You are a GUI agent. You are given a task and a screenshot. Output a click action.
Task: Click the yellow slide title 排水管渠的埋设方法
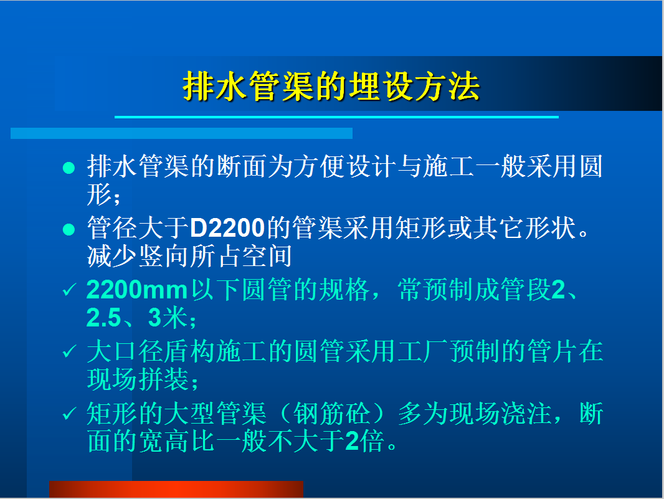[331, 87]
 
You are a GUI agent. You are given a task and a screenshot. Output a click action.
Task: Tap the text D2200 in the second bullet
[227, 228]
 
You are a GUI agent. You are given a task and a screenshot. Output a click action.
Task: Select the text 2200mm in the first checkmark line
[137, 290]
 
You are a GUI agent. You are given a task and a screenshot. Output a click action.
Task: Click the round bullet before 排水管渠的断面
[69, 168]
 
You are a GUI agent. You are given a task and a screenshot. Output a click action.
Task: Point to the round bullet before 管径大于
[69, 230]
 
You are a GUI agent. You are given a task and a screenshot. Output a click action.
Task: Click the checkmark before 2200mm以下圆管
[69, 290]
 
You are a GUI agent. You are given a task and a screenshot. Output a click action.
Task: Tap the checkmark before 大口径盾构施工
[69, 351]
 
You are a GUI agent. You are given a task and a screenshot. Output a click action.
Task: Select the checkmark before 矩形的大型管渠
[69, 413]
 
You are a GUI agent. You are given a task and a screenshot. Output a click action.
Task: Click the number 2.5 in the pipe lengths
[104, 318]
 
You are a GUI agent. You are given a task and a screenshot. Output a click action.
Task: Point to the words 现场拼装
[138, 379]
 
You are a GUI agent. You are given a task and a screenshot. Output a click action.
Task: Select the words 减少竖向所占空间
[189, 256]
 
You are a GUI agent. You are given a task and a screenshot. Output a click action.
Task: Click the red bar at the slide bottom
[176, 489]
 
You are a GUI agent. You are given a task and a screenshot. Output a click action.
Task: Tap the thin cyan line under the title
[336, 117]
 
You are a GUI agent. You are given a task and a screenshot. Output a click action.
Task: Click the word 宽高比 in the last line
[176, 441]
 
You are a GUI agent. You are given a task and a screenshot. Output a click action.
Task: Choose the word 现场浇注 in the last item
[500, 413]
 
